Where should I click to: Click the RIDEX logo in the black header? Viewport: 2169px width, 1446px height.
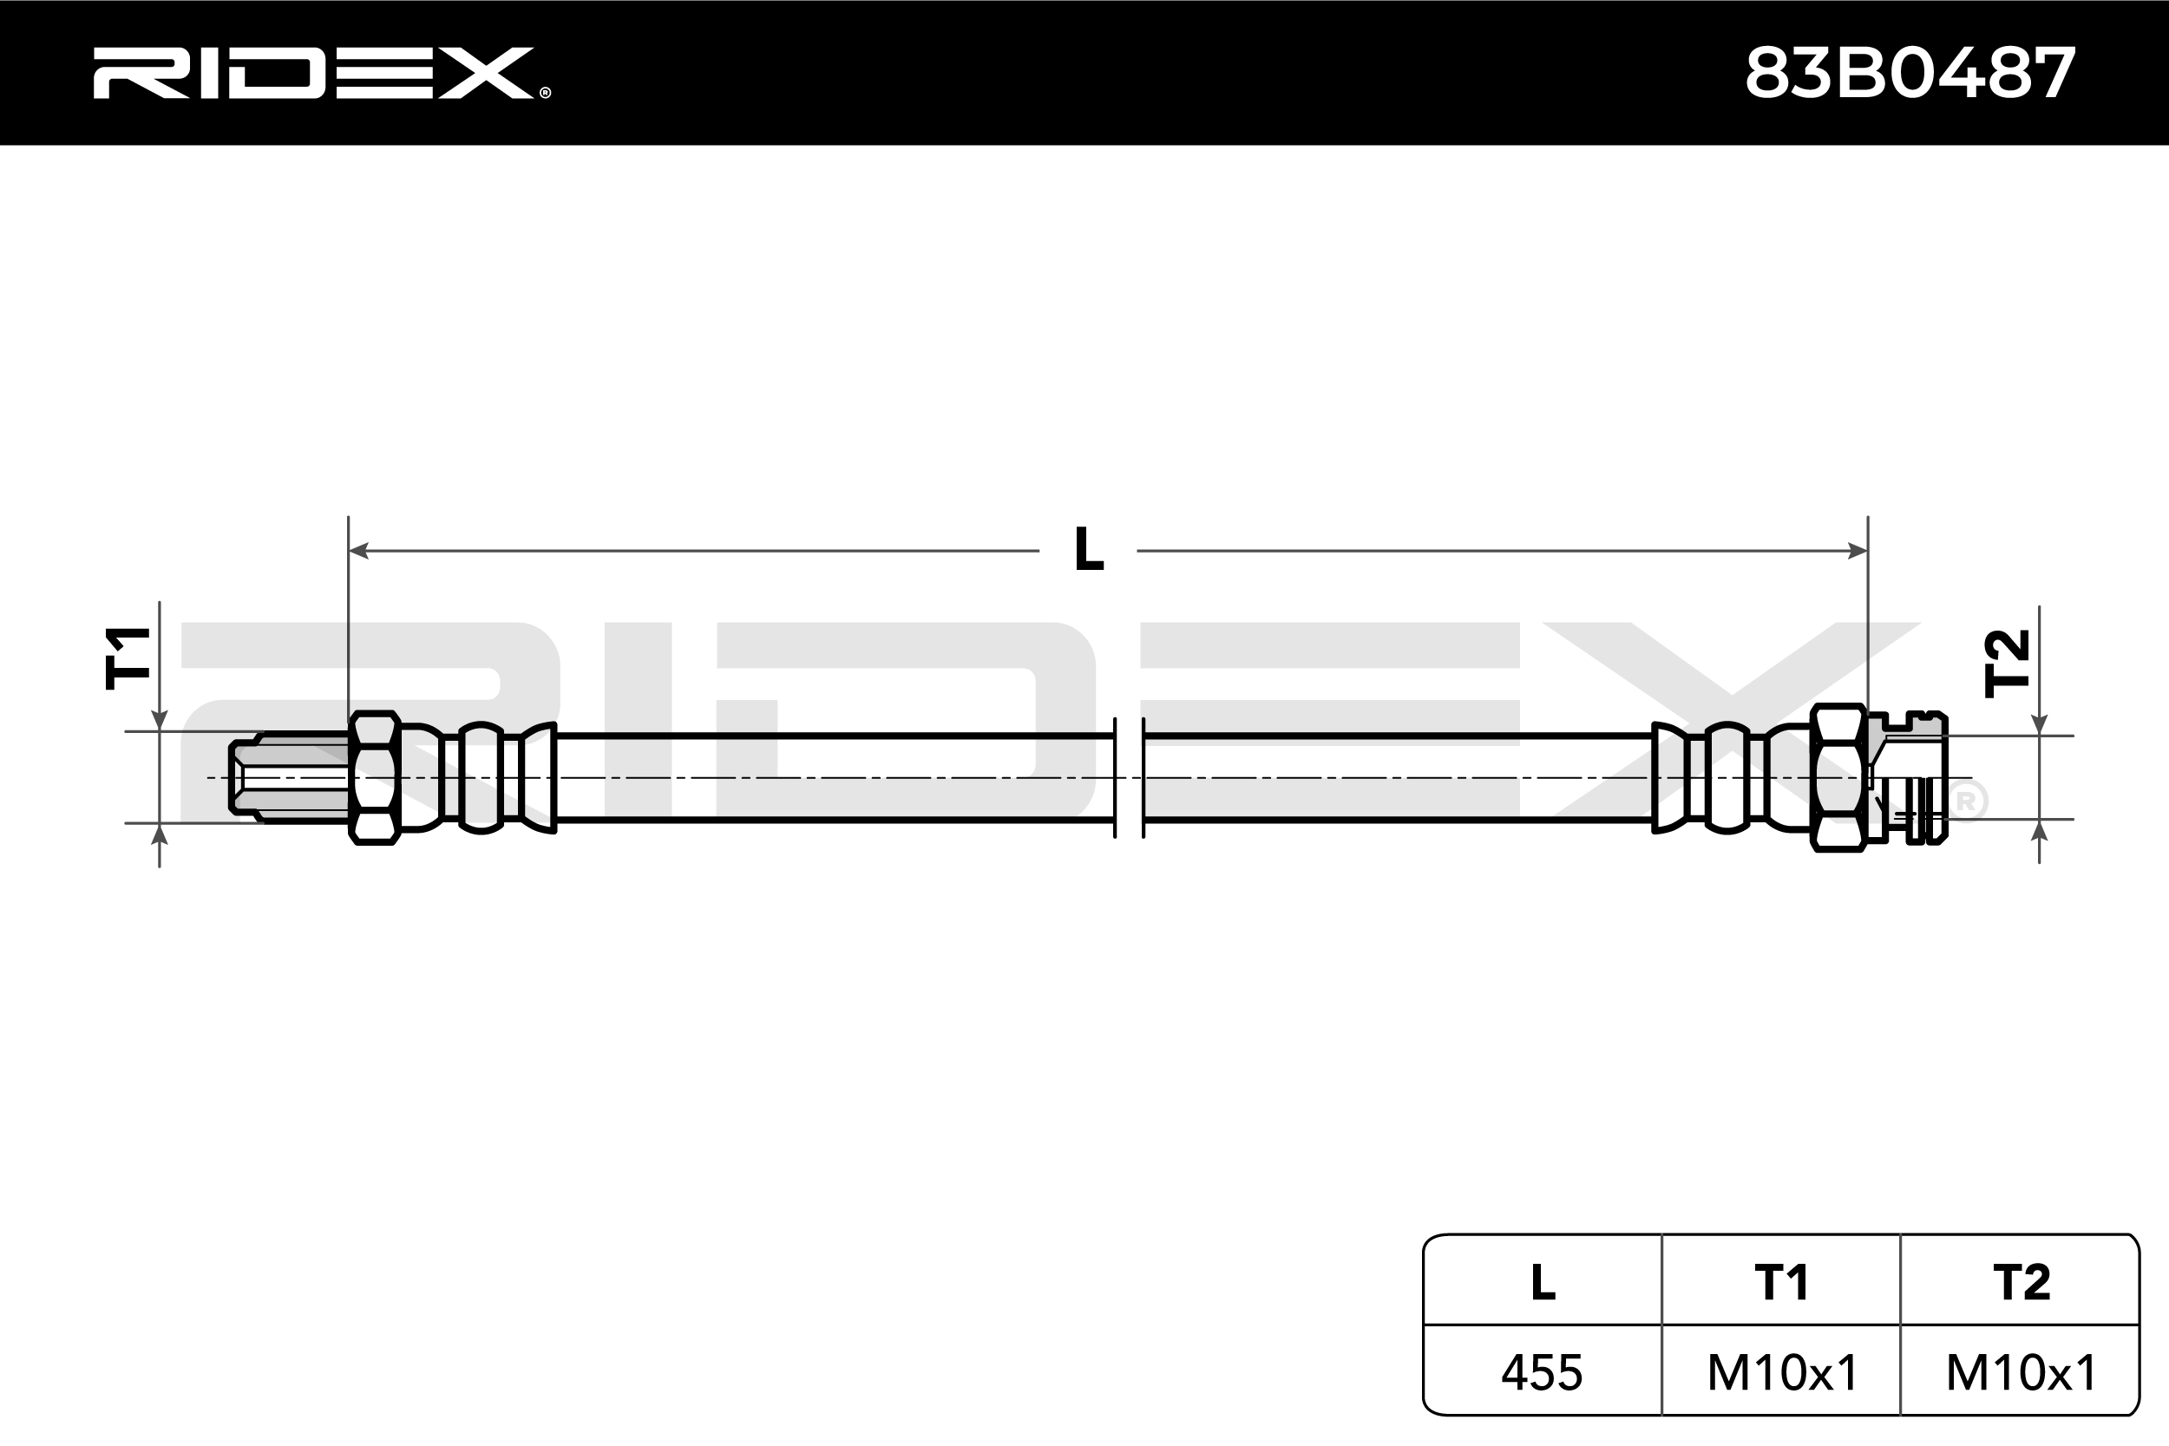(322, 73)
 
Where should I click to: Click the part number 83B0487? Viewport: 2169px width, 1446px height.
(1910, 74)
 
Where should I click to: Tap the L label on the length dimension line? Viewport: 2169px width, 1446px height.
(1089, 550)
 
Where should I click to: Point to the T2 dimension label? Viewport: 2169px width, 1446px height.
(2008, 663)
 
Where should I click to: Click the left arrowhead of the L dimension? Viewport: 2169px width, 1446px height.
(358, 551)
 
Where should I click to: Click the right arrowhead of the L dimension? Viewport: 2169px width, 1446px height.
(1858, 551)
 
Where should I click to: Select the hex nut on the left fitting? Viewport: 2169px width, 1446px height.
(373, 777)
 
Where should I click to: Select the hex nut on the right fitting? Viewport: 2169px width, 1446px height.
(1838, 777)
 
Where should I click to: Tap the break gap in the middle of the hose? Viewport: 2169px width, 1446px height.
(1129, 777)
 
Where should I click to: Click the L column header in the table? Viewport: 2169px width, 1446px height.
(1543, 1282)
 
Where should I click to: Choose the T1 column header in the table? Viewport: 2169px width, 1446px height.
(1781, 1282)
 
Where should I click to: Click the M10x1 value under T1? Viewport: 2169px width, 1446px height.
(1782, 1372)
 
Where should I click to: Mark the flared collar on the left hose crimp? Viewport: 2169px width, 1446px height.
(538, 777)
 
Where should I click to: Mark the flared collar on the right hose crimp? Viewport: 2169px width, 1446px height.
(1670, 777)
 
